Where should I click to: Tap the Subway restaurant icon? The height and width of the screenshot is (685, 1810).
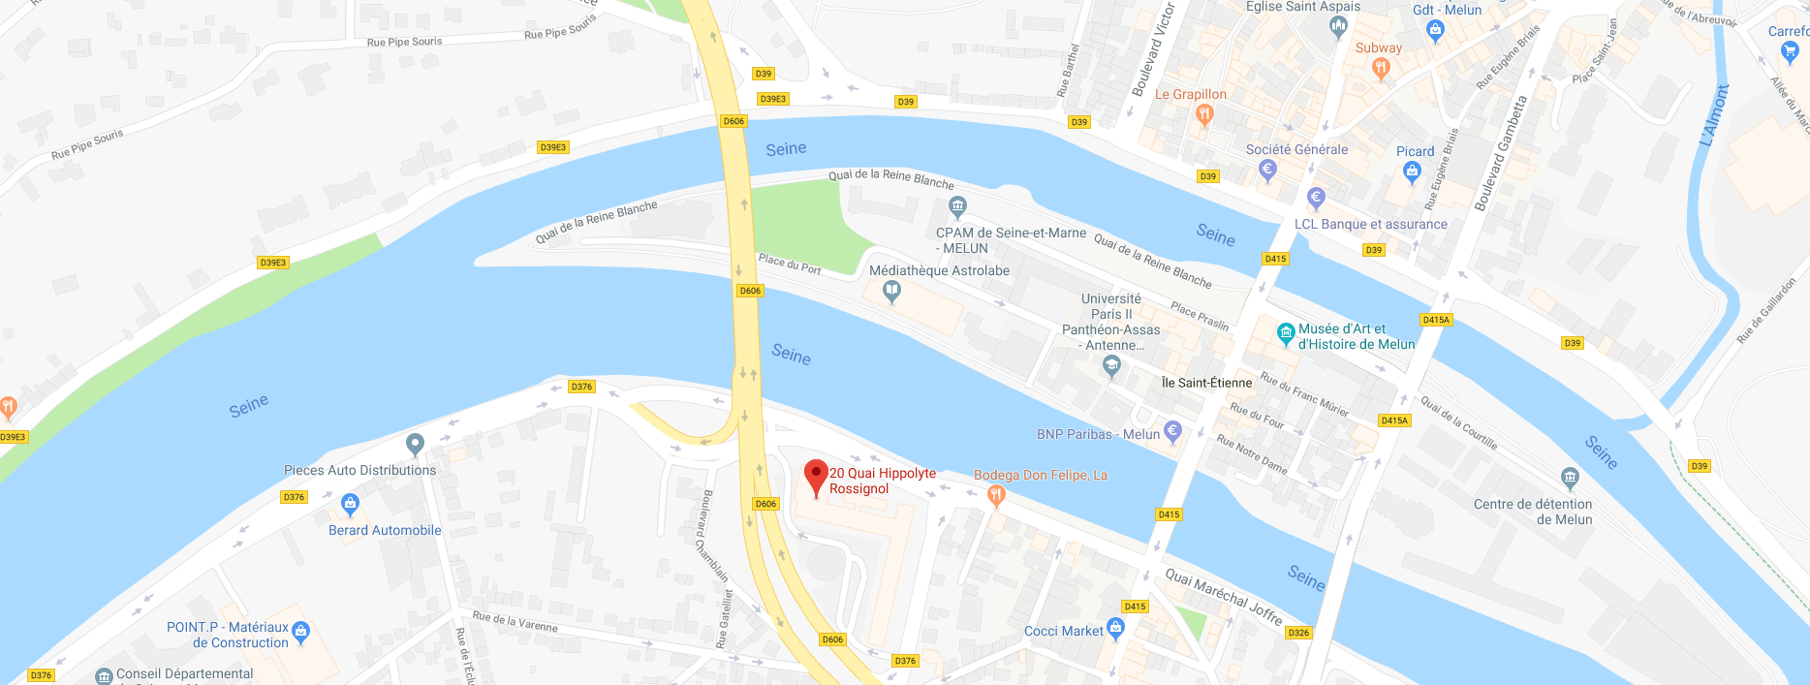coord(1382,67)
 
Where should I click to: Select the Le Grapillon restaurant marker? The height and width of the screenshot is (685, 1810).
coord(1204,114)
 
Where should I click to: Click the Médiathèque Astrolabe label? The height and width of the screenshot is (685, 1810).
coord(939,271)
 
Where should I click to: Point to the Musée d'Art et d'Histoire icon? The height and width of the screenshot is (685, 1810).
coord(1286,334)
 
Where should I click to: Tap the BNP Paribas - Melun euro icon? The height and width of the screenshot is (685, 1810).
coord(1172,431)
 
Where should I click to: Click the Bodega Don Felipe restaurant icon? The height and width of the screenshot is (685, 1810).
coord(996,495)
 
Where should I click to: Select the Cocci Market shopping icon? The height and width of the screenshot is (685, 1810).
coord(1115,629)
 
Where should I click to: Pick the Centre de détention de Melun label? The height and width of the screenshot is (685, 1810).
coord(1532,512)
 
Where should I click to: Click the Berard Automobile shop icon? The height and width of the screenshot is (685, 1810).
coord(350,504)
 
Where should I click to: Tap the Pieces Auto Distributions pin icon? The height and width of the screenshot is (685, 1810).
coord(415,444)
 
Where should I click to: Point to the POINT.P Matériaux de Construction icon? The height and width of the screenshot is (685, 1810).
coord(300,632)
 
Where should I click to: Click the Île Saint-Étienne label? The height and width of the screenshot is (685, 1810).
coord(1206,383)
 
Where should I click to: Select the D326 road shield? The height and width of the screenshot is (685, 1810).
coord(1298,633)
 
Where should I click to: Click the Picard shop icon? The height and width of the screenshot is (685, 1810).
coord(1412,171)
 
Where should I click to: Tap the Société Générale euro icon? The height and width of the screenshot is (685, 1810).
coord(1267,170)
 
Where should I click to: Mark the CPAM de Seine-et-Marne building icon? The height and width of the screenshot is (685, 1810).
coord(957,205)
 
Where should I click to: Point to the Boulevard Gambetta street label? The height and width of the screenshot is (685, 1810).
coord(1500,153)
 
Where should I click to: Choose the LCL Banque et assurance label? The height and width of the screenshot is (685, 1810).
coord(1370,224)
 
